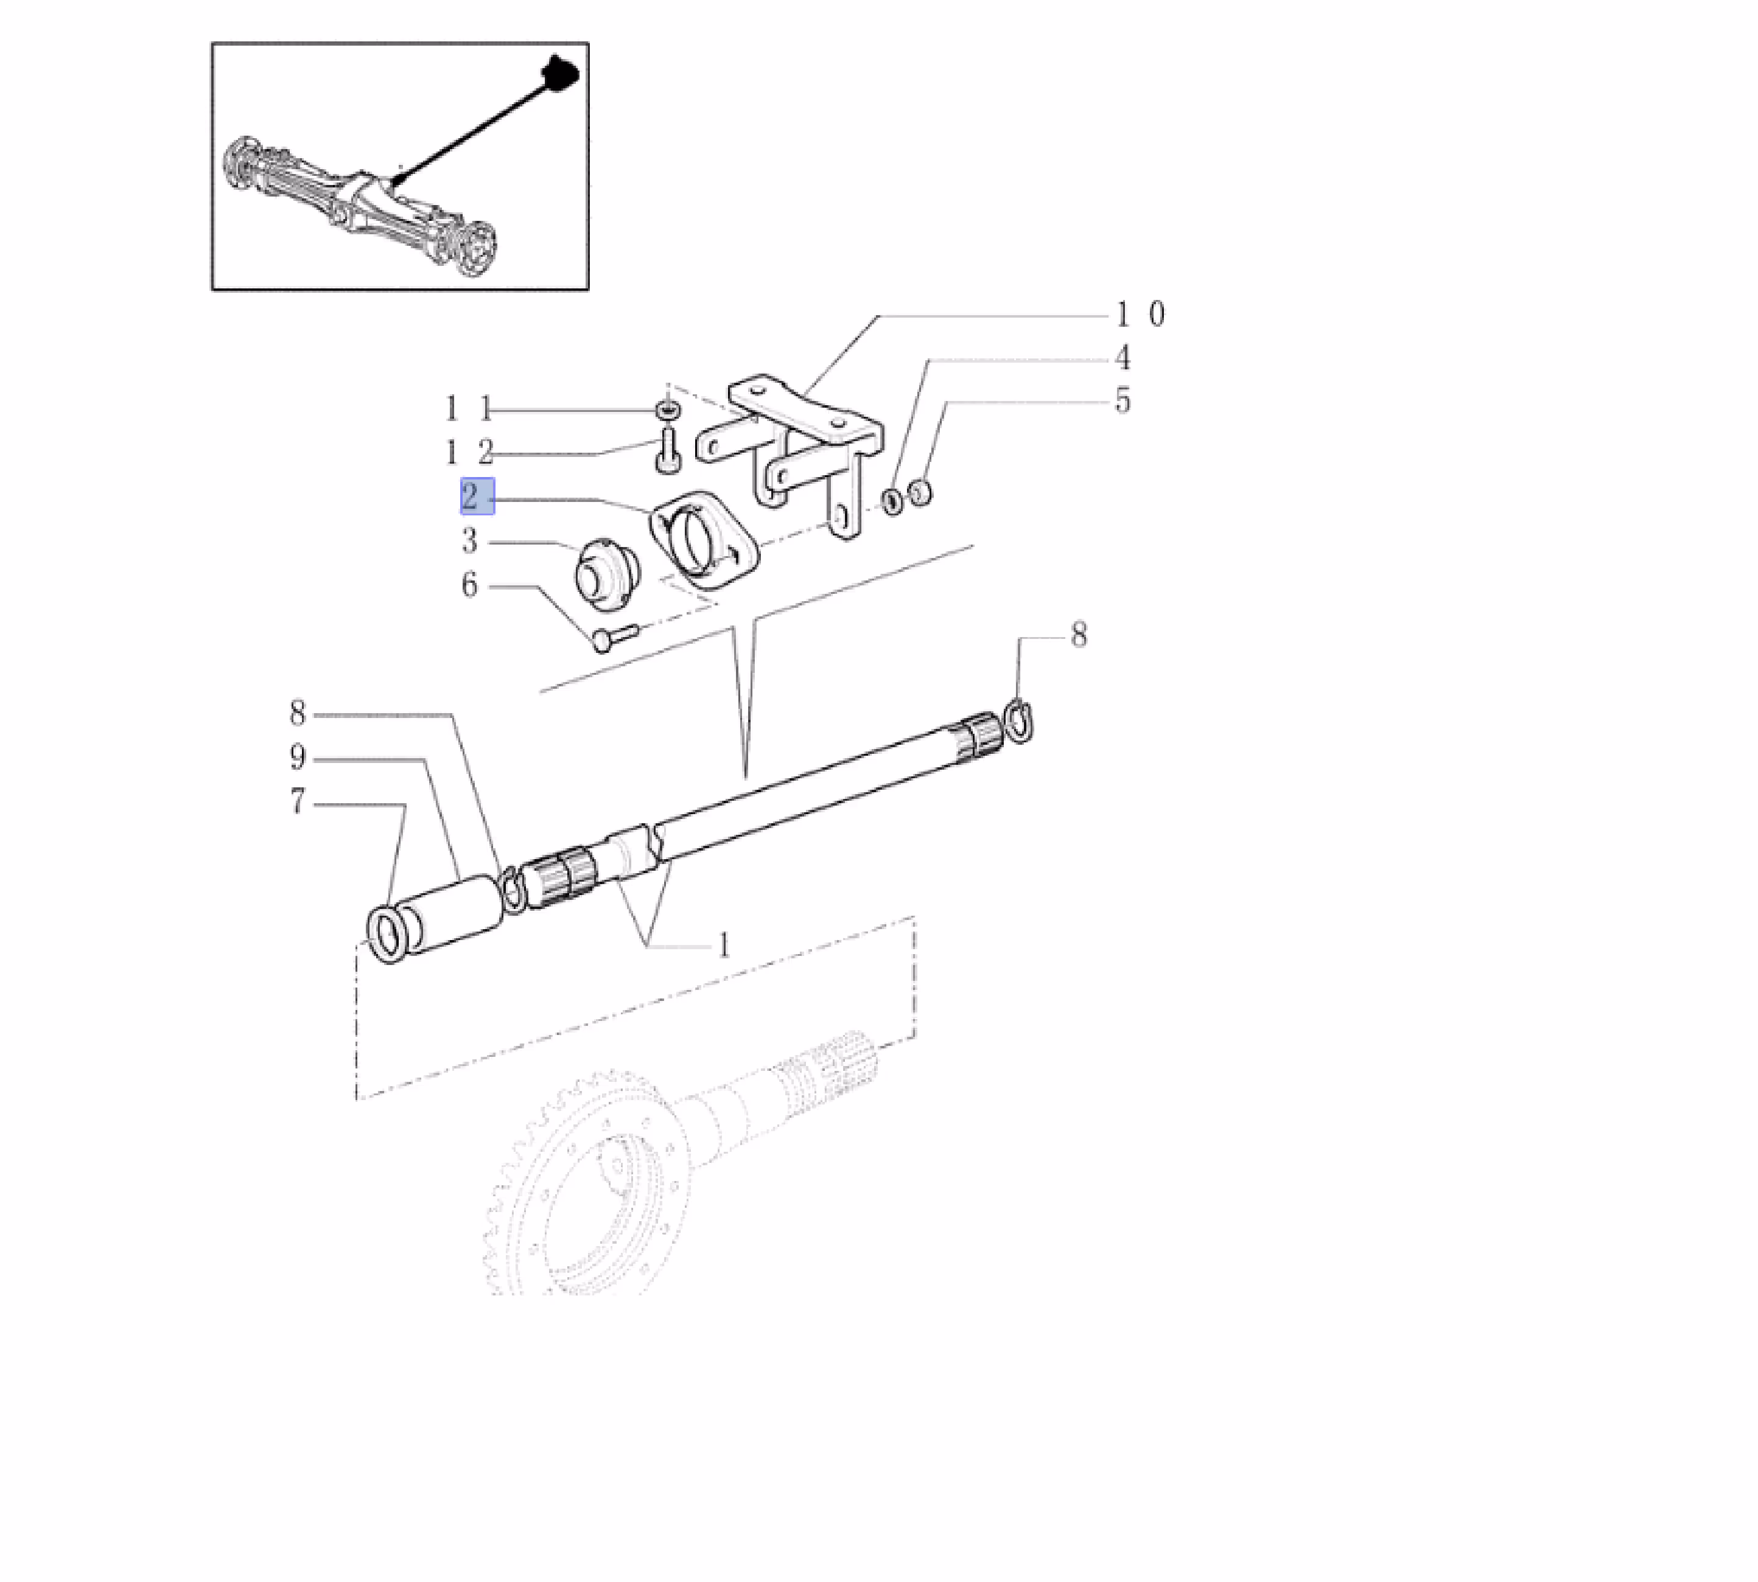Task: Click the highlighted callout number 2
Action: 477,497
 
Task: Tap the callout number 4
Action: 1122,357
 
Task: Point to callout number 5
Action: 1122,401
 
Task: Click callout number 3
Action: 469,541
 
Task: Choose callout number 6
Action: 469,584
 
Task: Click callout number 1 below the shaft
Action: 723,945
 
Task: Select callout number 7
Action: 298,801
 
